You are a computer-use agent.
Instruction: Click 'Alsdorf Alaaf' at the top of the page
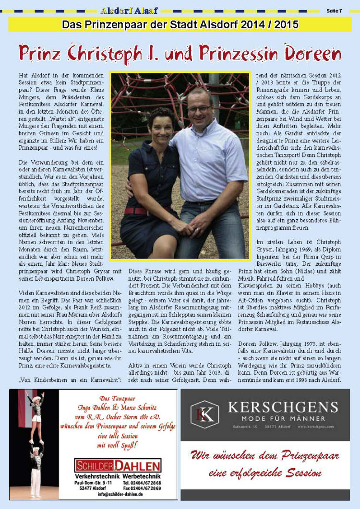coord(129,10)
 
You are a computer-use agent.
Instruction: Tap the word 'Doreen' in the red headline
coord(312,52)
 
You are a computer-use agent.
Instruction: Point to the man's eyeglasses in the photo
coord(200,109)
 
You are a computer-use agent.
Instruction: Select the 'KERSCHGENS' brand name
coord(282,408)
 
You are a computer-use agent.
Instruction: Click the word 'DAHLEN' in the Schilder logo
coord(137,466)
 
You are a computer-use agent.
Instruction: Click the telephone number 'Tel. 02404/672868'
coord(142,483)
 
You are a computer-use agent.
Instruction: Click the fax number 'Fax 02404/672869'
coord(142,488)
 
